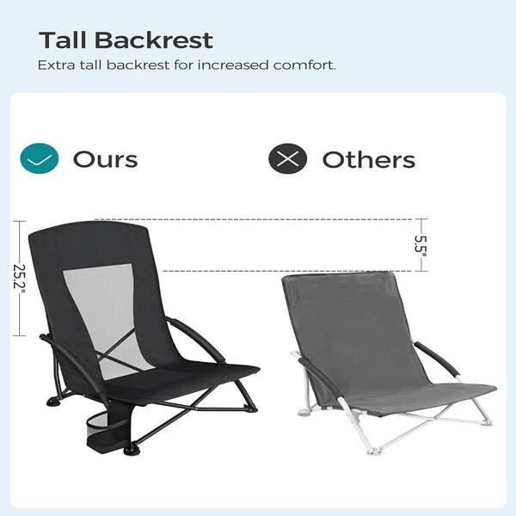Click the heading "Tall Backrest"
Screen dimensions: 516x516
pyautogui.click(x=126, y=40)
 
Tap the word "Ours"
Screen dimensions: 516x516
pyautogui.click(x=105, y=159)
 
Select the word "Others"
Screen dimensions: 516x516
pyautogui.click(x=368, y=159)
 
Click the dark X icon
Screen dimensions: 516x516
pyautogui.click(x=287, y=158)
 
